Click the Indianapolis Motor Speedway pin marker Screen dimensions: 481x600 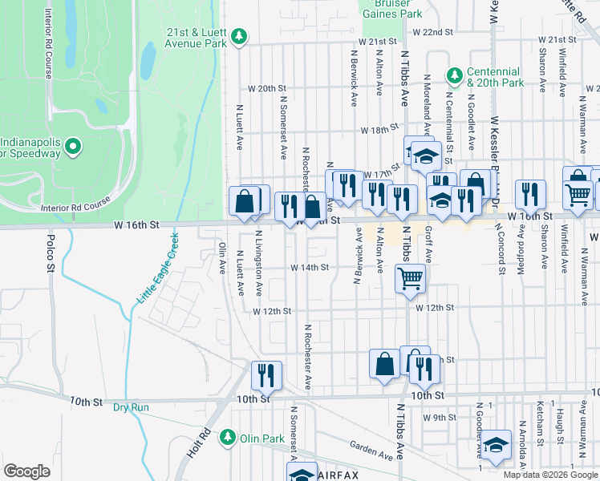[x=73, y=146]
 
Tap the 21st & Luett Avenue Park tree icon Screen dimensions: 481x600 [x=238, y=37]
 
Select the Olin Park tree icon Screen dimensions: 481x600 [x=229, y=438]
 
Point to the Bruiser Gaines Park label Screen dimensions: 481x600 [x=391, y=9]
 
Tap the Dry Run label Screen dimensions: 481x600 [x=131, y=407]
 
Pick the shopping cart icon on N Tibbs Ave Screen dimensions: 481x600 [x=410, y=278]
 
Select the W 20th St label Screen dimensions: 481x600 [x=267, y=88]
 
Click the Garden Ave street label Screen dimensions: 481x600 [x=371, y=452]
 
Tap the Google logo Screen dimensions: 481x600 [x=26, y=471]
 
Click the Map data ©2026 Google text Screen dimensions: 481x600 [x=549, y=475]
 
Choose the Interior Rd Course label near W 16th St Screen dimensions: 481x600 [x=75, y=207]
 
